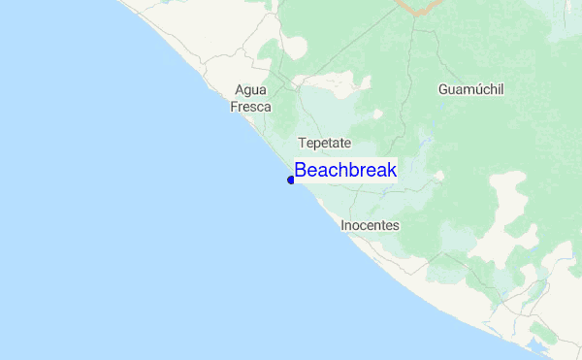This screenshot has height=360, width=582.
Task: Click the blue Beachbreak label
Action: point(345,170)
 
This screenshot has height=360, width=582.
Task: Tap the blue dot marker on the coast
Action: point(291,180)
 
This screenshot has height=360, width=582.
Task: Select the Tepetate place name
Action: point(324,143)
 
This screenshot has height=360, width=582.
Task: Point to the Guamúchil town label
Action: point(471,89)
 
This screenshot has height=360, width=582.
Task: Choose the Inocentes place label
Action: point(370,225)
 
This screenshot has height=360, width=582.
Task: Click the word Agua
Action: point(250,90)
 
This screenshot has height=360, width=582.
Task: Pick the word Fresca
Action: point(250,107)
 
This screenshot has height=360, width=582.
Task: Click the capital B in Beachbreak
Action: point(301,170)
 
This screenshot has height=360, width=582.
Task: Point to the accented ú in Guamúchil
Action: point(474,89)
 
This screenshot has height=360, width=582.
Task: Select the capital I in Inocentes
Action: point(343,225)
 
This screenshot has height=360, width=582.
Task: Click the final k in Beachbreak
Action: point(392,170)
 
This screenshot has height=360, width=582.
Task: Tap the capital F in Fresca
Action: point(234,107)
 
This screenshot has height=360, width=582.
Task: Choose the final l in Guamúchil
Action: point(502,89)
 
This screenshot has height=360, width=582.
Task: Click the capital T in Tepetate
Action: point(302,143)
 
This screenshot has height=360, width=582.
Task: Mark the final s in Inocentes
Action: point(396,225)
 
